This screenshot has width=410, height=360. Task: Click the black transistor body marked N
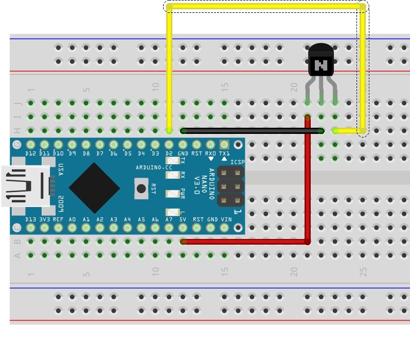321,64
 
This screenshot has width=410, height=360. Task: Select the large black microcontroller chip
95,188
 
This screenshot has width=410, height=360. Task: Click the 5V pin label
183,219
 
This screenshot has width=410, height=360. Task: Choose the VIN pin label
225,219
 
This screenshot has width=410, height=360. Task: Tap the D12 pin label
30,153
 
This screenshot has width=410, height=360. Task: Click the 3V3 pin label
44,219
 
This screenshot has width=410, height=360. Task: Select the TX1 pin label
224,153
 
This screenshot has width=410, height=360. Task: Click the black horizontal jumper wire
252,131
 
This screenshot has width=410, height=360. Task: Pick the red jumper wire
308,185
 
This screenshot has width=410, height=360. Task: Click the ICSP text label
238,162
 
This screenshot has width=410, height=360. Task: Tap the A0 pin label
72,219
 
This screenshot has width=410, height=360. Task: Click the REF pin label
58,219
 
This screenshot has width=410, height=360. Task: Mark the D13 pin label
30,219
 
